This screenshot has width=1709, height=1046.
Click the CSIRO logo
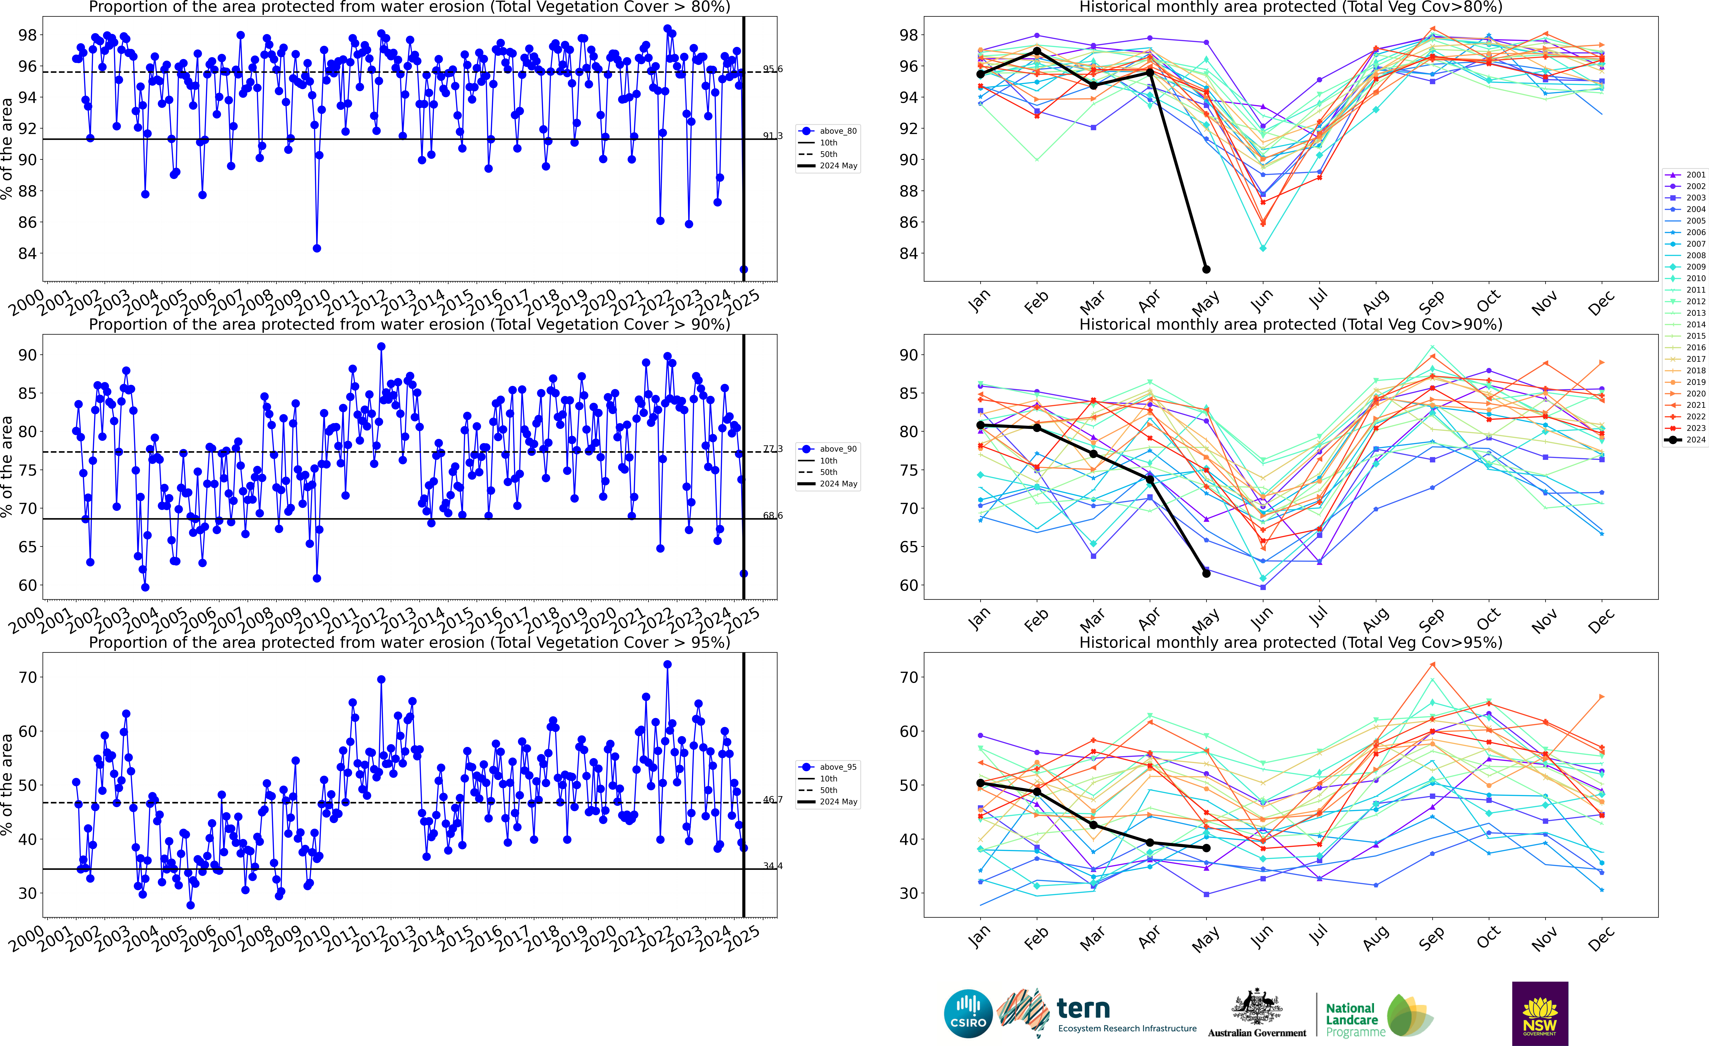[968, 1013]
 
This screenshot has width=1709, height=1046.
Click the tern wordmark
[1083, 1009]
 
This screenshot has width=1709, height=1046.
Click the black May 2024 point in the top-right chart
[1206, 269]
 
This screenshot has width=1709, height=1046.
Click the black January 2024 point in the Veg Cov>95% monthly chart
[980, 783]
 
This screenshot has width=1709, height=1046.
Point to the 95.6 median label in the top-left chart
[773, 69]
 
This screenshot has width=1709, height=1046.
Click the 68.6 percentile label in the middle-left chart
[773, 515]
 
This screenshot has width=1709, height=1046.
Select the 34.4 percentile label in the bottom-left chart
[773, 866]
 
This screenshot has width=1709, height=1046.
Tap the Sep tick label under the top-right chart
[1432, 302]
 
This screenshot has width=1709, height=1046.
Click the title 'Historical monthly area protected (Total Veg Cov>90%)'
[1291, 325]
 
